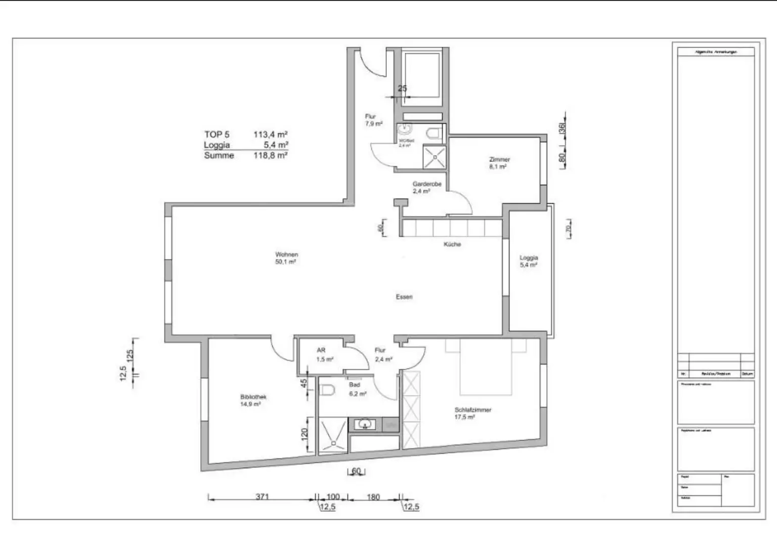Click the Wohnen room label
[x=286, y=254]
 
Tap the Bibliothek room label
[x=253, y=397]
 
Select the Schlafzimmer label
[x=472, y=410]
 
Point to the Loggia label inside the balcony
[x=529, y=258]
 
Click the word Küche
[x=452, y=244]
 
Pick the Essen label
[x=404, y=297]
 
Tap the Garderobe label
[x=427, y=184]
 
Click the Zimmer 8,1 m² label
[x=499, y=162]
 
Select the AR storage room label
[x=321, y=350]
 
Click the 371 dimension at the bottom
[x=262, y=496]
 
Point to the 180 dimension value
[x=373, y=497]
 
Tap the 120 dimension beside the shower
[x=304, y=434]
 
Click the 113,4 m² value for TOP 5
[x=270, y=135]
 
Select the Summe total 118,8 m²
[x=270, y=156]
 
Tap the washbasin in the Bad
[x=364, y=423]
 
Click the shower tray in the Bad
[x=333, y=435]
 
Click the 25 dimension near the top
[x=402, y=89]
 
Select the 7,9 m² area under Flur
[x=374, y=123]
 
